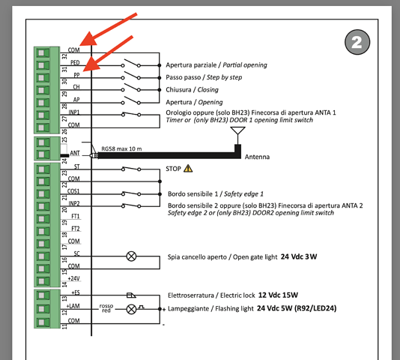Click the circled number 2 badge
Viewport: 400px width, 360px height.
pyautogui.click(x=357, y=42)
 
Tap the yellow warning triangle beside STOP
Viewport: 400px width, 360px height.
pyautogui.click(x=188, y=169)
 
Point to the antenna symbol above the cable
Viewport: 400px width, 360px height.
pyautogui.click(x=237, y=136)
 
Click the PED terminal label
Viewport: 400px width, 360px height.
pyautogui.click(x=75, y=62)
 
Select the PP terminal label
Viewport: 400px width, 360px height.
pyautogui.click(x=76, y=75)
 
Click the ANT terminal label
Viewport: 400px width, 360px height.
pyautogui.click(x=75, y=153)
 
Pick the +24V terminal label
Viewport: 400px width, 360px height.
pyautogui.click(x=73, y=278)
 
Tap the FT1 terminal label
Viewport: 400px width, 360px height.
pyautogui.click(x=76, y=216)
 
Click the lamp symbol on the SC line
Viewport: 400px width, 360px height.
pyautogui.click(x=131, y=256)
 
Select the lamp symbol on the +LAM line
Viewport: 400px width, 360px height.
pyautogui.click(x=131, y=310)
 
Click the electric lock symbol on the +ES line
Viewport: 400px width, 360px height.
pyautogui.click(x=131, y=295)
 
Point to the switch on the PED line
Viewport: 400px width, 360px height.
pyautogui.click(x=130, y=63)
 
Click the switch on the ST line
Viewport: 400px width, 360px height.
pyautogui.click(x=131, y=169)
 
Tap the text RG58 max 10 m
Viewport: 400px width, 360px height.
pyautogui.click(x=121, y=148)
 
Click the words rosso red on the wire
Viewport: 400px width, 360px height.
pyautogui.click(x=106, y=308)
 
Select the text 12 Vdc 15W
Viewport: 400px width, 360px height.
pyautogui.click(x=278, y=295)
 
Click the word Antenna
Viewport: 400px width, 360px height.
pyautogui.click(x=257, y=157)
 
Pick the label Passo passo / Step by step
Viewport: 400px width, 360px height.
pyautogui.click(x=204, y=77)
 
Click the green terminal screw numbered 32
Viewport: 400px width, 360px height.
pyautogui.click(x=43, y=53)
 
